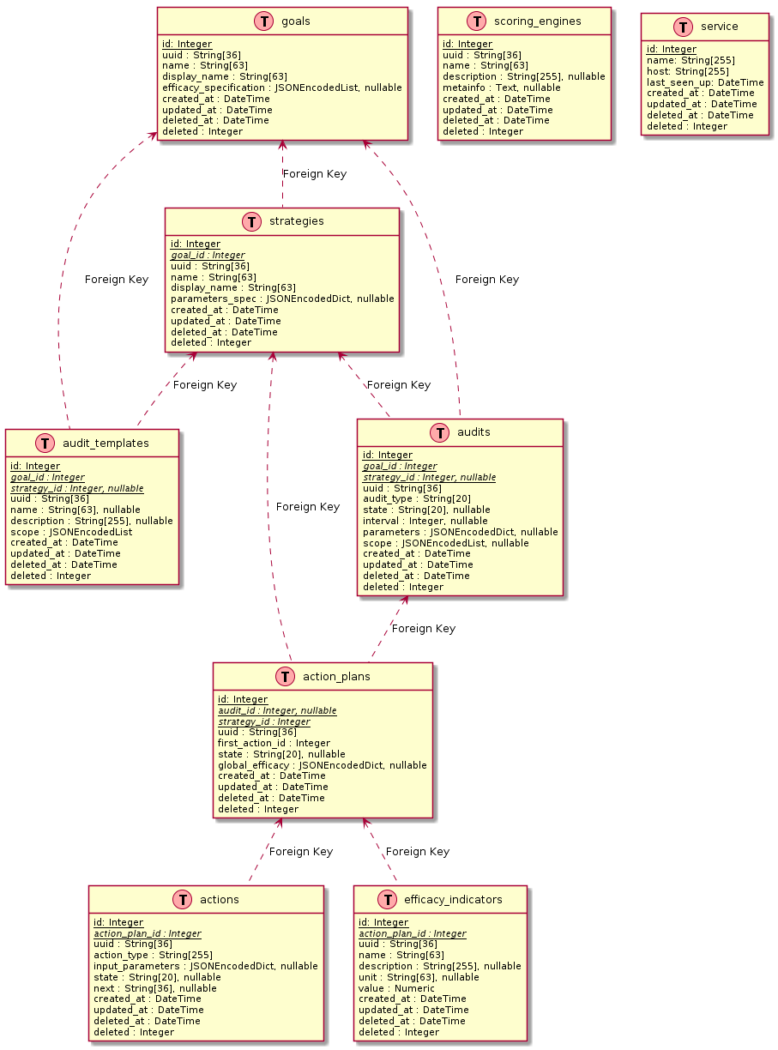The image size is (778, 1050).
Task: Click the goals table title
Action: point(295,21)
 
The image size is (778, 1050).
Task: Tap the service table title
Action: point(719,27)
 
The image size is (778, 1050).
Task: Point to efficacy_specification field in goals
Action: point(281,87)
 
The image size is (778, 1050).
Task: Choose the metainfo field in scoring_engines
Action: point(501,87)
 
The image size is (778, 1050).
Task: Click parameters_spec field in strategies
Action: point(282,299)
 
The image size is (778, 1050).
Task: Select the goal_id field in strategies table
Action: point(208,255)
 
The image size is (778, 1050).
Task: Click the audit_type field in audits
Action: point(414,499)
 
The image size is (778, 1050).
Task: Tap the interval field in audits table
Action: point(425,521)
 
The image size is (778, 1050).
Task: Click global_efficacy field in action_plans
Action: point(322,765)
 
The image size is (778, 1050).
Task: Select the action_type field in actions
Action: point(153,955)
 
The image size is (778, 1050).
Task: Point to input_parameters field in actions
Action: point(205,966)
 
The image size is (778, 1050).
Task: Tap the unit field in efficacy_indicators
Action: point(419,977)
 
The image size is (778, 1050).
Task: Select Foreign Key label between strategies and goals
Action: point(314,174)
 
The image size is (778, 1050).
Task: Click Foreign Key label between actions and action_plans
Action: point(300,852)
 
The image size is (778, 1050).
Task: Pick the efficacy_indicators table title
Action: point(451,900)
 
